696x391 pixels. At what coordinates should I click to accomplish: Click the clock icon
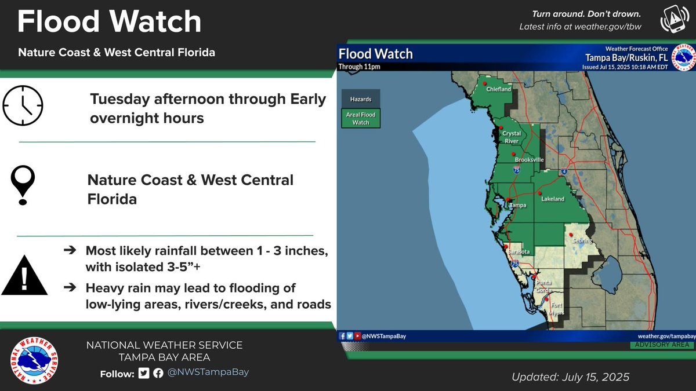pyautogui.click(x=23, y=106)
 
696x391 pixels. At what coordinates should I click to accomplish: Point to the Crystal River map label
pyautogui.click(x=512, y=137)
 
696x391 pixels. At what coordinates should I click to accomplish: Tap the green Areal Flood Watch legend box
pyautogui.click(x=361, y=118)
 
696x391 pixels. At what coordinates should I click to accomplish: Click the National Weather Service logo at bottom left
pyautogui.click(x=34, y=360)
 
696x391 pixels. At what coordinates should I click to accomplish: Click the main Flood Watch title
pyautogui.click(x=110, y=22)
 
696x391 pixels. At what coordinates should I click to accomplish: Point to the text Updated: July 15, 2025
pyautogui.click(x=570, y=377)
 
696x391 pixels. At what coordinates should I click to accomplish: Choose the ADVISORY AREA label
pyautogui.click(x=662, y=345)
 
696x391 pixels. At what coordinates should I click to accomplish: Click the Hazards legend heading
pyautogui.click(x=361, y=100)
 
